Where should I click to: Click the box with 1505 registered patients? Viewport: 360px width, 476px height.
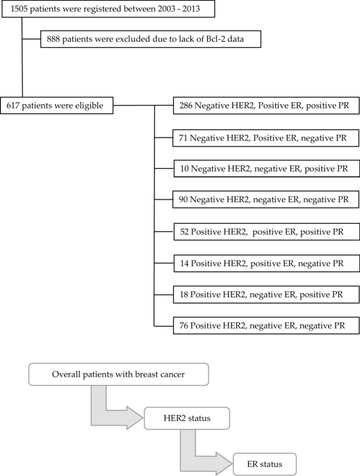click(107, 9)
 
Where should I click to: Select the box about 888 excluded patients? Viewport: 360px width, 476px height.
click(151, 40)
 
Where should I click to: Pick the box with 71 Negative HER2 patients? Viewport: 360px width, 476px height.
click(265, 139)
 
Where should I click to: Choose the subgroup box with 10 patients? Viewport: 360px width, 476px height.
click(265, 169)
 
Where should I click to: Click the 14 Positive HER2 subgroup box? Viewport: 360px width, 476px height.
click(265, 263)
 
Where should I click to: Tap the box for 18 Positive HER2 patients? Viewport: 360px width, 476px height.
click(265, 294)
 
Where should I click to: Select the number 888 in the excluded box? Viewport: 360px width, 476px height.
click(54, 40)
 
